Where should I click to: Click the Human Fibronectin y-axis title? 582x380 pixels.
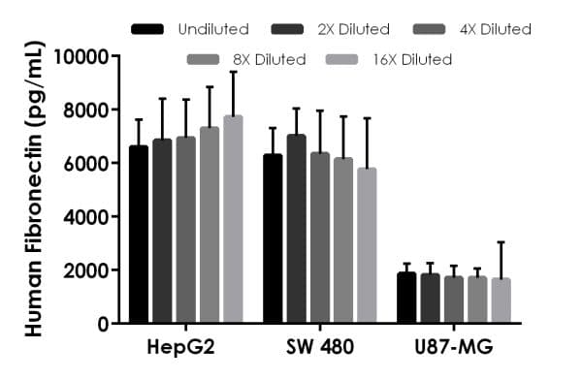click(32, 190)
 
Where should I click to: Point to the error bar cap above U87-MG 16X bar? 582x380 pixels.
click(501, 242)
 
